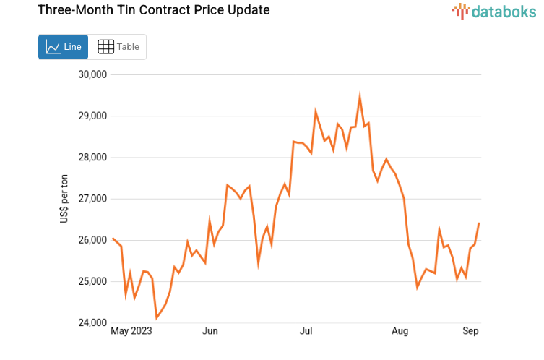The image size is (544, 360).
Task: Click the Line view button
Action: pos(63,47)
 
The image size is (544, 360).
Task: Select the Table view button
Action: pos(118,47)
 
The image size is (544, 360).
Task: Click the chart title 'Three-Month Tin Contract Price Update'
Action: pos(143,10)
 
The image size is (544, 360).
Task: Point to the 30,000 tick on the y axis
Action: pos(92,74)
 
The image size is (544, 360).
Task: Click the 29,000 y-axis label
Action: pos(92,116)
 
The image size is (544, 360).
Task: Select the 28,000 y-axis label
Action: pos(92,158)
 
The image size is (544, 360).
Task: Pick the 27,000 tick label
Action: pos(92,199)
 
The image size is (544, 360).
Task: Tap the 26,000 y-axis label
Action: pos(92,240)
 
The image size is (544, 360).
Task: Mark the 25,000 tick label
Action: pos(92,281)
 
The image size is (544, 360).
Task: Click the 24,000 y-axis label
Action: pos(92,323)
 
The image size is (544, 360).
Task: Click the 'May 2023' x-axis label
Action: pos(131,332)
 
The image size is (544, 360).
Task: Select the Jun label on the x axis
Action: pos(210,332)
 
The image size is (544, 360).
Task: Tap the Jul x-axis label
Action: pos(306,332)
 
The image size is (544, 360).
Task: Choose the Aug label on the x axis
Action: pos(400,332)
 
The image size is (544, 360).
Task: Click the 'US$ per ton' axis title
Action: pos(64,199)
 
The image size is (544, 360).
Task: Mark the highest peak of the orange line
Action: pos(360,95)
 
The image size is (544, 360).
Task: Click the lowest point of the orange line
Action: pos(156,317)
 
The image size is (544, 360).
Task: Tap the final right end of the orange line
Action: pos(479,223)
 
